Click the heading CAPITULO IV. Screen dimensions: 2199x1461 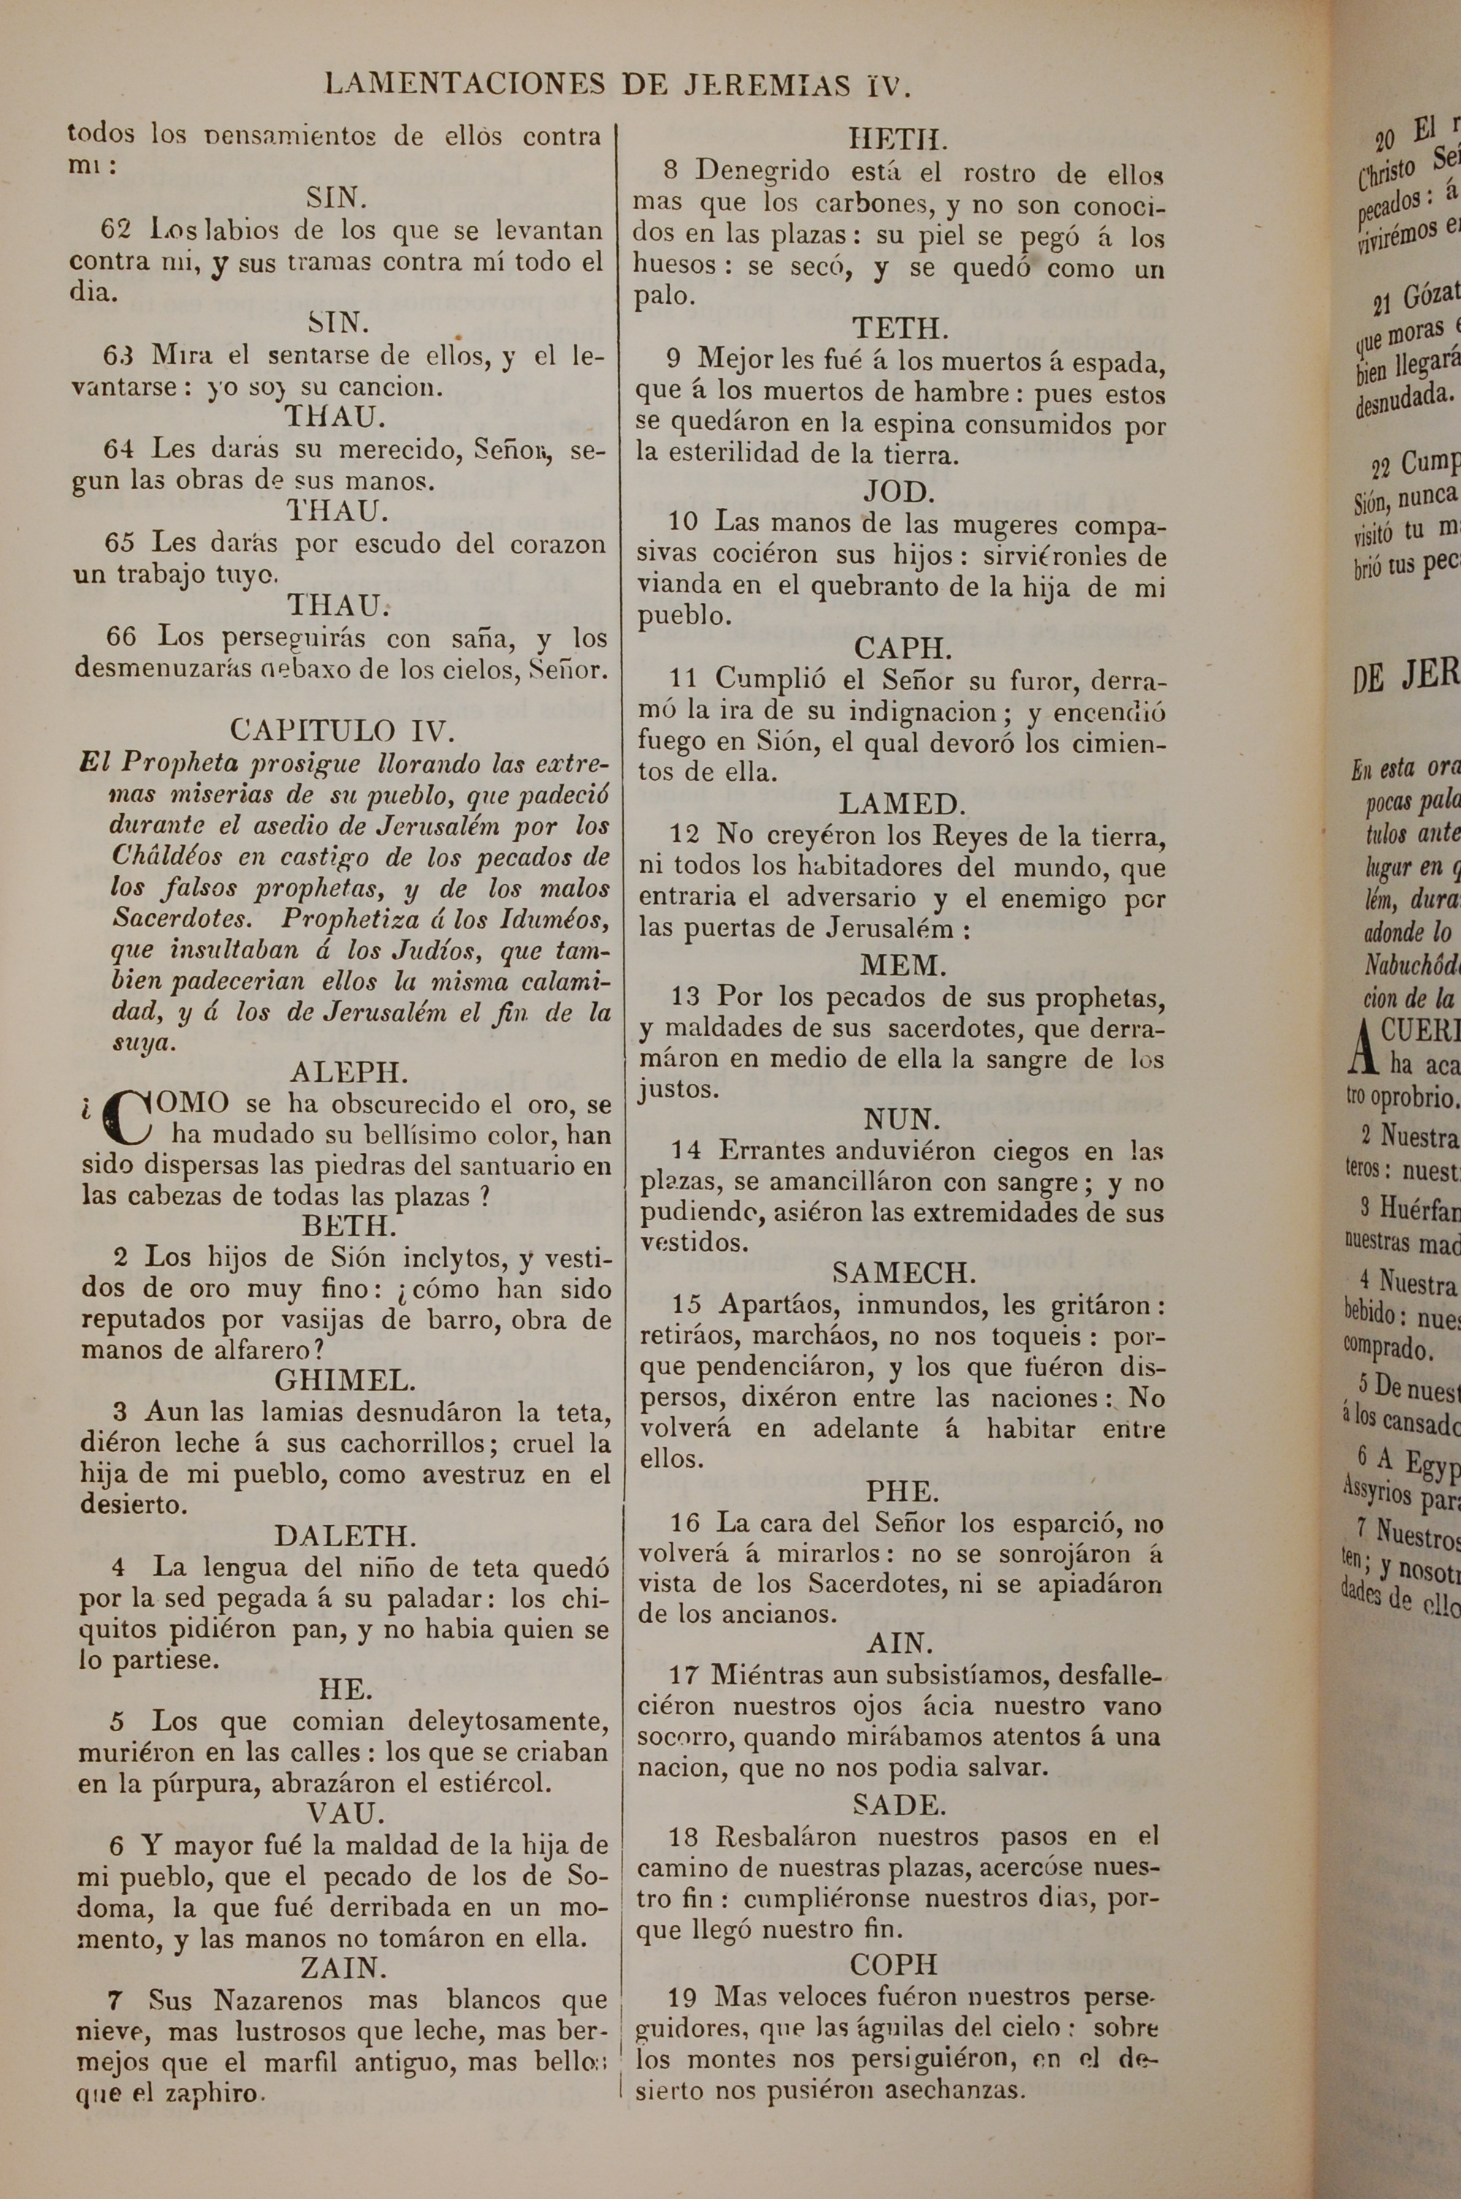pos(342,730)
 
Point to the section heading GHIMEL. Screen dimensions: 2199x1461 pos(345,1380)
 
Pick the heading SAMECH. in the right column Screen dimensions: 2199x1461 pos(903,1273)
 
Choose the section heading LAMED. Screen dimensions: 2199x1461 pos(903,804)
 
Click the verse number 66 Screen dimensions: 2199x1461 pos(121,637)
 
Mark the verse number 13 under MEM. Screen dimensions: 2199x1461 pos(685,996)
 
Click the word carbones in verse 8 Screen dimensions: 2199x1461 pos(869,204)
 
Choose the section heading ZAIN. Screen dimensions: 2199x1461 pos(343,1968)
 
